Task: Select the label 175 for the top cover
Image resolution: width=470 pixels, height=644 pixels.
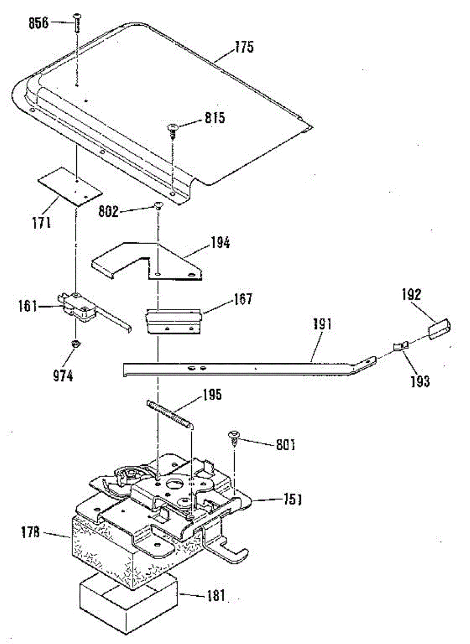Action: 243,47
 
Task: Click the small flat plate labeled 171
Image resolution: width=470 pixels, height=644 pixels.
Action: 70,186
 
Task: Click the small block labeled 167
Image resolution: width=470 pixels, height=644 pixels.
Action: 173,321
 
